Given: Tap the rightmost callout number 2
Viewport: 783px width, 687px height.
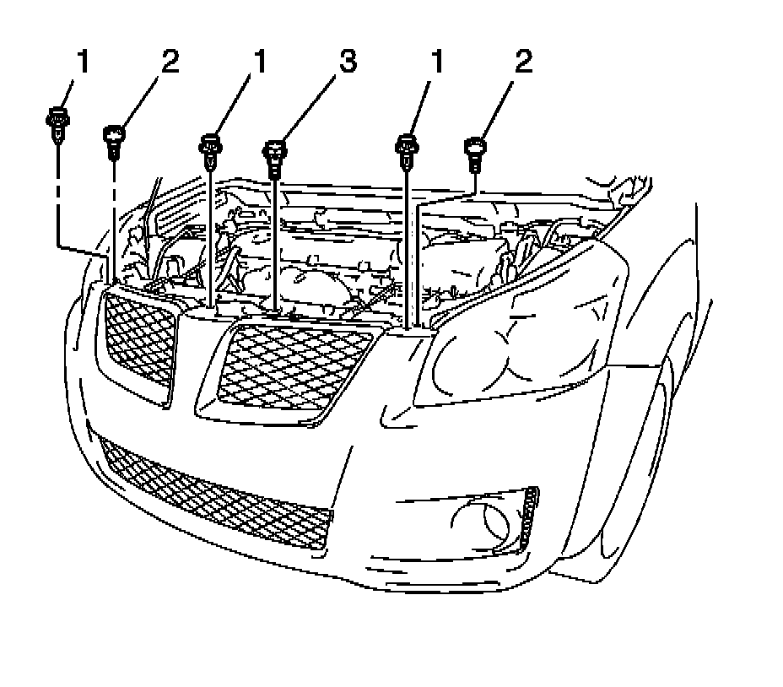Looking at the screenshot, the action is click(x=524, y=63).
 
